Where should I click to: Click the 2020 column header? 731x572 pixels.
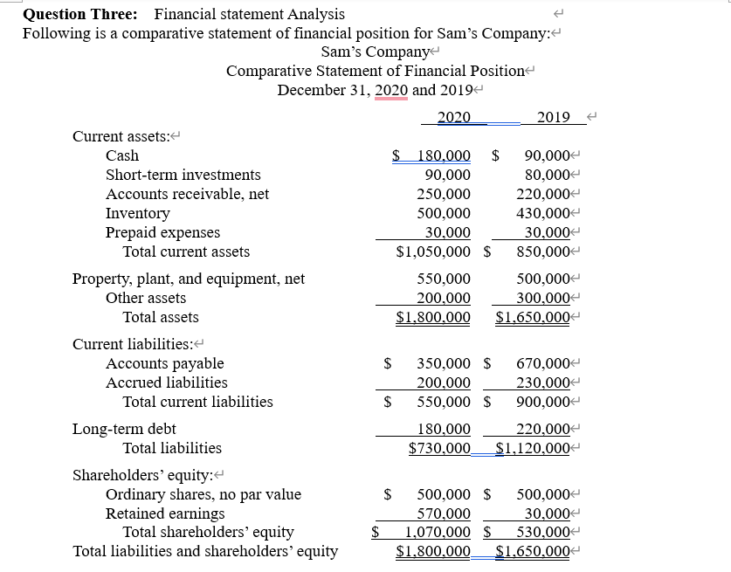[x=453, y=118]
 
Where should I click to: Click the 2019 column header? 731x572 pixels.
[x=554, y=118]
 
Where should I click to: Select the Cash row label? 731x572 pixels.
[x=122, y=155]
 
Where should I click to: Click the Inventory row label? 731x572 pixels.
[x=138, y=213]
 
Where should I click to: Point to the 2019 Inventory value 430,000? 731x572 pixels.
[x=543, y=213]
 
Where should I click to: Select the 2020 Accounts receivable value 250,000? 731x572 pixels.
[x=445, y=194]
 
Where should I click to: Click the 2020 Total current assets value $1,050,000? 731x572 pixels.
[x=433, y=252]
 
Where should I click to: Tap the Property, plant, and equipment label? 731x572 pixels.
[x=189, y=279]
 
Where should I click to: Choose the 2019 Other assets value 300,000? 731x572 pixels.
[x=543, y=299]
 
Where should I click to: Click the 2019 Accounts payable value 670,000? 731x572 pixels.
[x=543, y=363]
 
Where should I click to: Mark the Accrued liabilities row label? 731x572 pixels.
[x=167, y=382]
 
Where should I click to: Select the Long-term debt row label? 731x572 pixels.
[x=124, y=429]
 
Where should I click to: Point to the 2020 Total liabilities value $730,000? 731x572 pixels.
[x=439, y=448]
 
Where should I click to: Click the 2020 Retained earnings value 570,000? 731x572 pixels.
[x=445, y=513]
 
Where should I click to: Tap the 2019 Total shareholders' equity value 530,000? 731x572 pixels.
[x=543, y=532]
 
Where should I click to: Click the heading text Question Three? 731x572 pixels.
[x=79, y=14]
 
